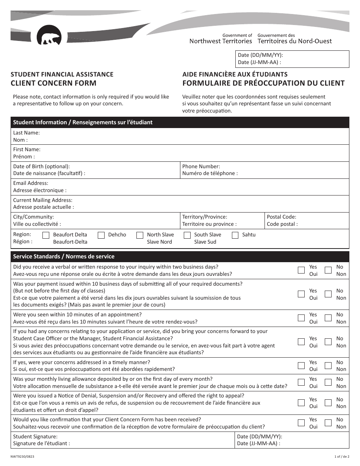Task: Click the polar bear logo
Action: click(49, 36)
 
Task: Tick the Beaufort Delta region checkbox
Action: click(46, 235)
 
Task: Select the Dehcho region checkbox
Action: click(101, 235)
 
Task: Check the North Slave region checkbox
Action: click(140, 235)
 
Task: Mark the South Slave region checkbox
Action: click(187, 235)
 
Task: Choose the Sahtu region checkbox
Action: click(235, 235)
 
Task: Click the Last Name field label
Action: click(27, 133)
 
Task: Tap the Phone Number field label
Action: click(201, 166)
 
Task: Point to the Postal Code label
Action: click(282, 217)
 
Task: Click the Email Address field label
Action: click(31, 183)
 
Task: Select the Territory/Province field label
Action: click(205, 217)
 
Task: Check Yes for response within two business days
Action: click(301, 270)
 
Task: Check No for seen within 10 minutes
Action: click(328, 318)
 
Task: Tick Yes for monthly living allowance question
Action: click(301, 382)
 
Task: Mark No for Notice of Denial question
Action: click(328, 403)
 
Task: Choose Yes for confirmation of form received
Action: click(301, 423)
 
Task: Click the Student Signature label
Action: click(35, 436)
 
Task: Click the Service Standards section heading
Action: click(64, 256)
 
